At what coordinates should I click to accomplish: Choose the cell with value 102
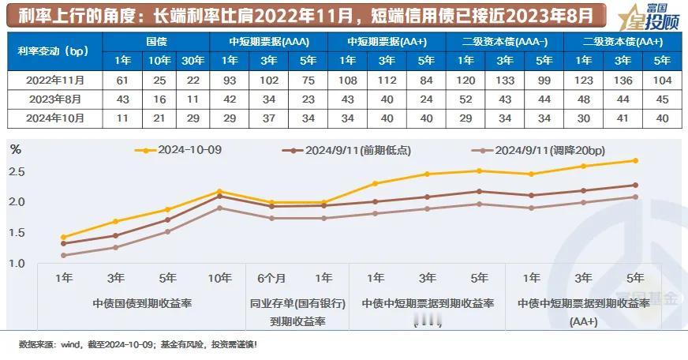point(269,81)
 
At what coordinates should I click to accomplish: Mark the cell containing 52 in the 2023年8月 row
point(466,99)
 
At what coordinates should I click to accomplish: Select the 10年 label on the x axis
point(219,278)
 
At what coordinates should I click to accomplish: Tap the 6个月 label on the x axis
point(271,278)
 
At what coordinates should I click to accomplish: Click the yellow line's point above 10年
point(219,191)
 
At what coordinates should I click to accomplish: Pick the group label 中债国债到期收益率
point(142,303)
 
